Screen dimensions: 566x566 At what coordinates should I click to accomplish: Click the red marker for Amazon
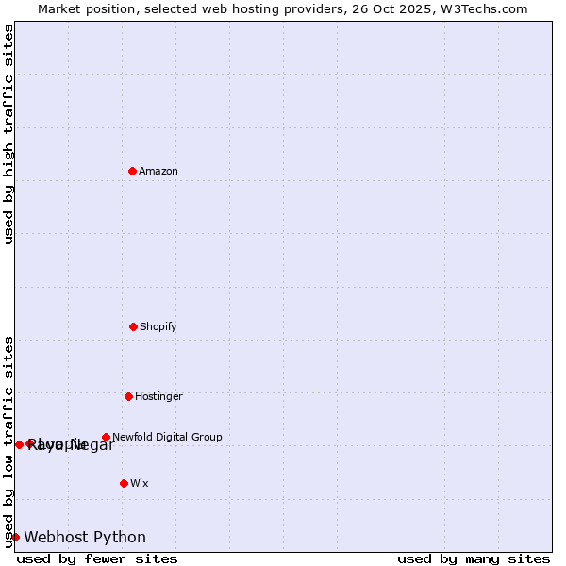coord(132,171)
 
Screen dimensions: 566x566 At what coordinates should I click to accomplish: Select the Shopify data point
coord(133,326)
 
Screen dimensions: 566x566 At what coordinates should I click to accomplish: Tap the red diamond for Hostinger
coord(128,396)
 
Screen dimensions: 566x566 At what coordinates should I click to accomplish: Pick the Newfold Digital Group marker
coord(106,437)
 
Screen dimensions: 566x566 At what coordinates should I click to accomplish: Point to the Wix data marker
coord(124,483)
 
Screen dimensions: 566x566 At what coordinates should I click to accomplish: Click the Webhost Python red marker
coord(15,537)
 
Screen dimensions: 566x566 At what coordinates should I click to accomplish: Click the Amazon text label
coord(158,171)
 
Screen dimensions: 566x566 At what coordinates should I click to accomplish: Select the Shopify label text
coord(158,326)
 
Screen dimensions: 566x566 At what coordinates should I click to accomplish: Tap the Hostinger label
coord(158,396)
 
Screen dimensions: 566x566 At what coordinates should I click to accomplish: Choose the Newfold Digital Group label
coord(167,437)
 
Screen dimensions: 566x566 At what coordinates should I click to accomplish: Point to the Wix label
coord(140,483)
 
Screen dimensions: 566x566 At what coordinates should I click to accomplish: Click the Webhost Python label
coord(85,537)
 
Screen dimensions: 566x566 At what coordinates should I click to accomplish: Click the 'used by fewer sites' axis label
coord(97,558)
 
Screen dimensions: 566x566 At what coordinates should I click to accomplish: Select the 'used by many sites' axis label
coord(474,558)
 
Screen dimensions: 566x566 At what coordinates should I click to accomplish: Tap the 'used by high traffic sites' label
coord(8,134)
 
